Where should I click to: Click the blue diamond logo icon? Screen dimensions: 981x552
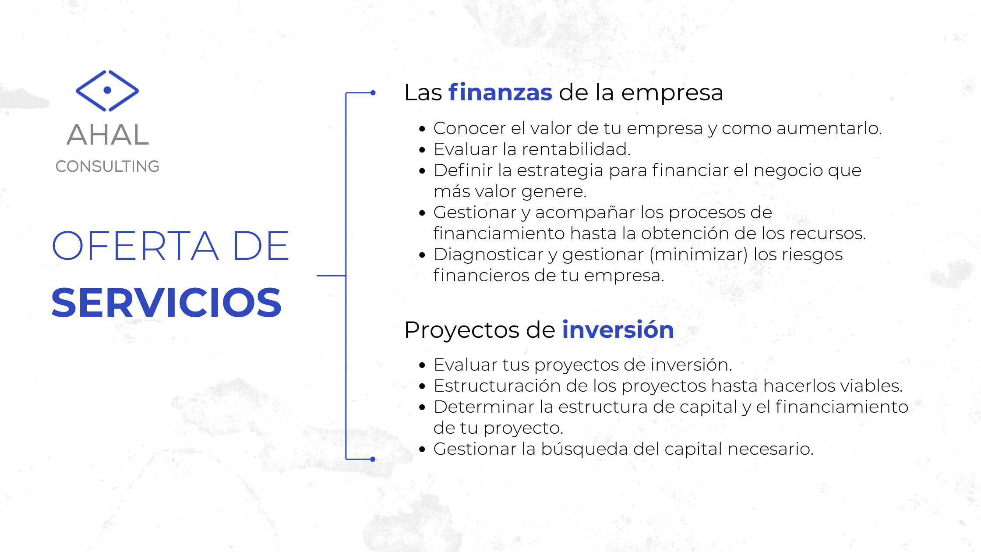click(x=107, y=91)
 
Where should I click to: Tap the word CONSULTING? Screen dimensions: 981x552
click(x=107, y=166)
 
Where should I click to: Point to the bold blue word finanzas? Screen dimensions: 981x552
click(x=501, y=92)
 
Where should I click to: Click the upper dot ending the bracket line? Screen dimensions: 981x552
click(x=373, y=93)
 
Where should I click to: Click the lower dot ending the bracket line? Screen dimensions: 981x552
click(x=373, y=459)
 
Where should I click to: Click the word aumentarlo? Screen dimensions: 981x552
click(x=829, y=128)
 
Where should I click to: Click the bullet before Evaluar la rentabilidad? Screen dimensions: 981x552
click(x=422, y=150)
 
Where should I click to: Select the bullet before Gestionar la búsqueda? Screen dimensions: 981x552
click(x=422, y=449)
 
